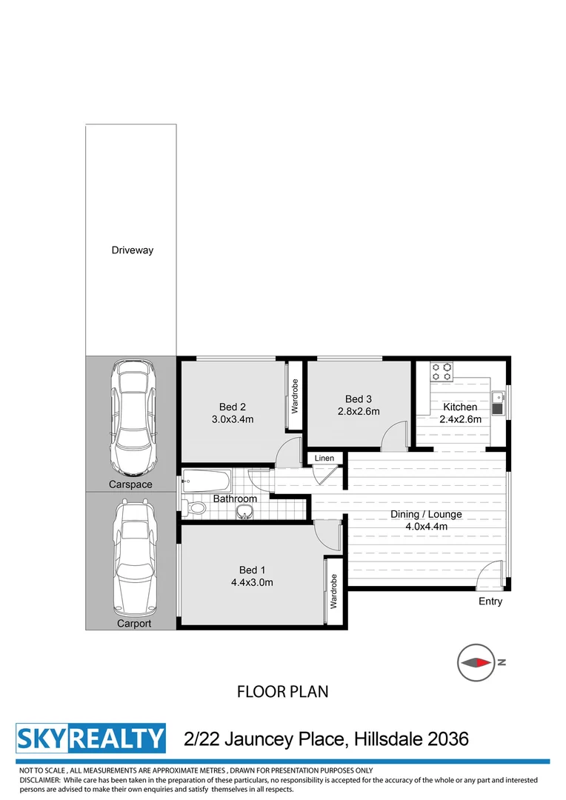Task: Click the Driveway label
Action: (x=133, y=250)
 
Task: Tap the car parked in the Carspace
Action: (x=132, y=419)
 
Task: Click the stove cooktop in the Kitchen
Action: (x=442, y=370)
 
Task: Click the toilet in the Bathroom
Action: (x=195, y=509)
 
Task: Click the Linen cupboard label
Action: (x=324, y=459)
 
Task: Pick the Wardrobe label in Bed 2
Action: (x=294, y=396)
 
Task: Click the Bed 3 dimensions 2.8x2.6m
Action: (x=359, y=411)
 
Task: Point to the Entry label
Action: (x=490, y=601)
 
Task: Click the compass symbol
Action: (x=476, y=662)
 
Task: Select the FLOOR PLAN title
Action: (x=282, y=692)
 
